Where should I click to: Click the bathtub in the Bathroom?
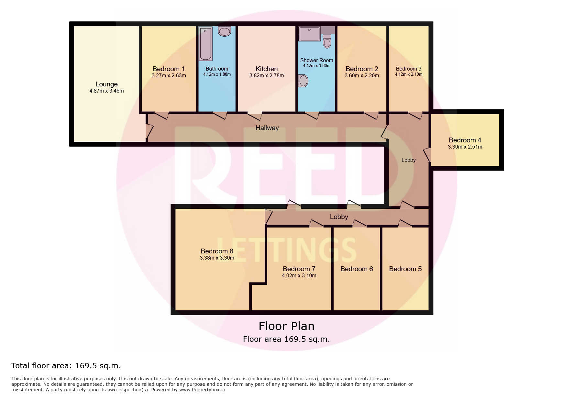pyautogui.click(x=205, y=44)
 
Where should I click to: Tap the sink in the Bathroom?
pyautogui.click(x=225, y=31)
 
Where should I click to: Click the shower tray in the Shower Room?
pyautogui.click(x=310, y=34)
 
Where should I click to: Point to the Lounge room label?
pyautogui.click(x=106, y=84)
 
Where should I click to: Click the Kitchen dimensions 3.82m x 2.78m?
pyautogui.click(x=267, y=76)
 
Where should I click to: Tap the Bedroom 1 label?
pyautogui.click(x=169, y=69)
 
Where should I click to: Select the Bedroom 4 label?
pyautogui.click(x=465, y=140)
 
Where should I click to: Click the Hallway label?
pyautogui.click(x=267, y=128)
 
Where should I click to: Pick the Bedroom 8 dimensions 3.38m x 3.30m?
pyautogui.click(x=217, y=258)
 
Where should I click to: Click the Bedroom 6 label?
pyautogui.click(x=357, y=269)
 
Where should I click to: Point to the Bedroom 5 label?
pyautogui.click(x=405, y=269)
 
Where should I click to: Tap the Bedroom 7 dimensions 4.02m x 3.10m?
pyautogui.click(x=299, y=276)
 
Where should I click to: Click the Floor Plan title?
pyautogui.click(x=286, y=326)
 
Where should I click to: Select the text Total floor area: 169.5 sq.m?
pyautogui.click(x=66, y=366)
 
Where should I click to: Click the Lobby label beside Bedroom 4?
pyautogui.click(x=409, y=160)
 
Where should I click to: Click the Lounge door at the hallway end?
pyautogui.click(x=149, y=131)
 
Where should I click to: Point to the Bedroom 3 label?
pyautogui.click(x=409, y=69)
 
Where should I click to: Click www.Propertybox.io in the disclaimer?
pyautogui.click(x=202, y=390)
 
